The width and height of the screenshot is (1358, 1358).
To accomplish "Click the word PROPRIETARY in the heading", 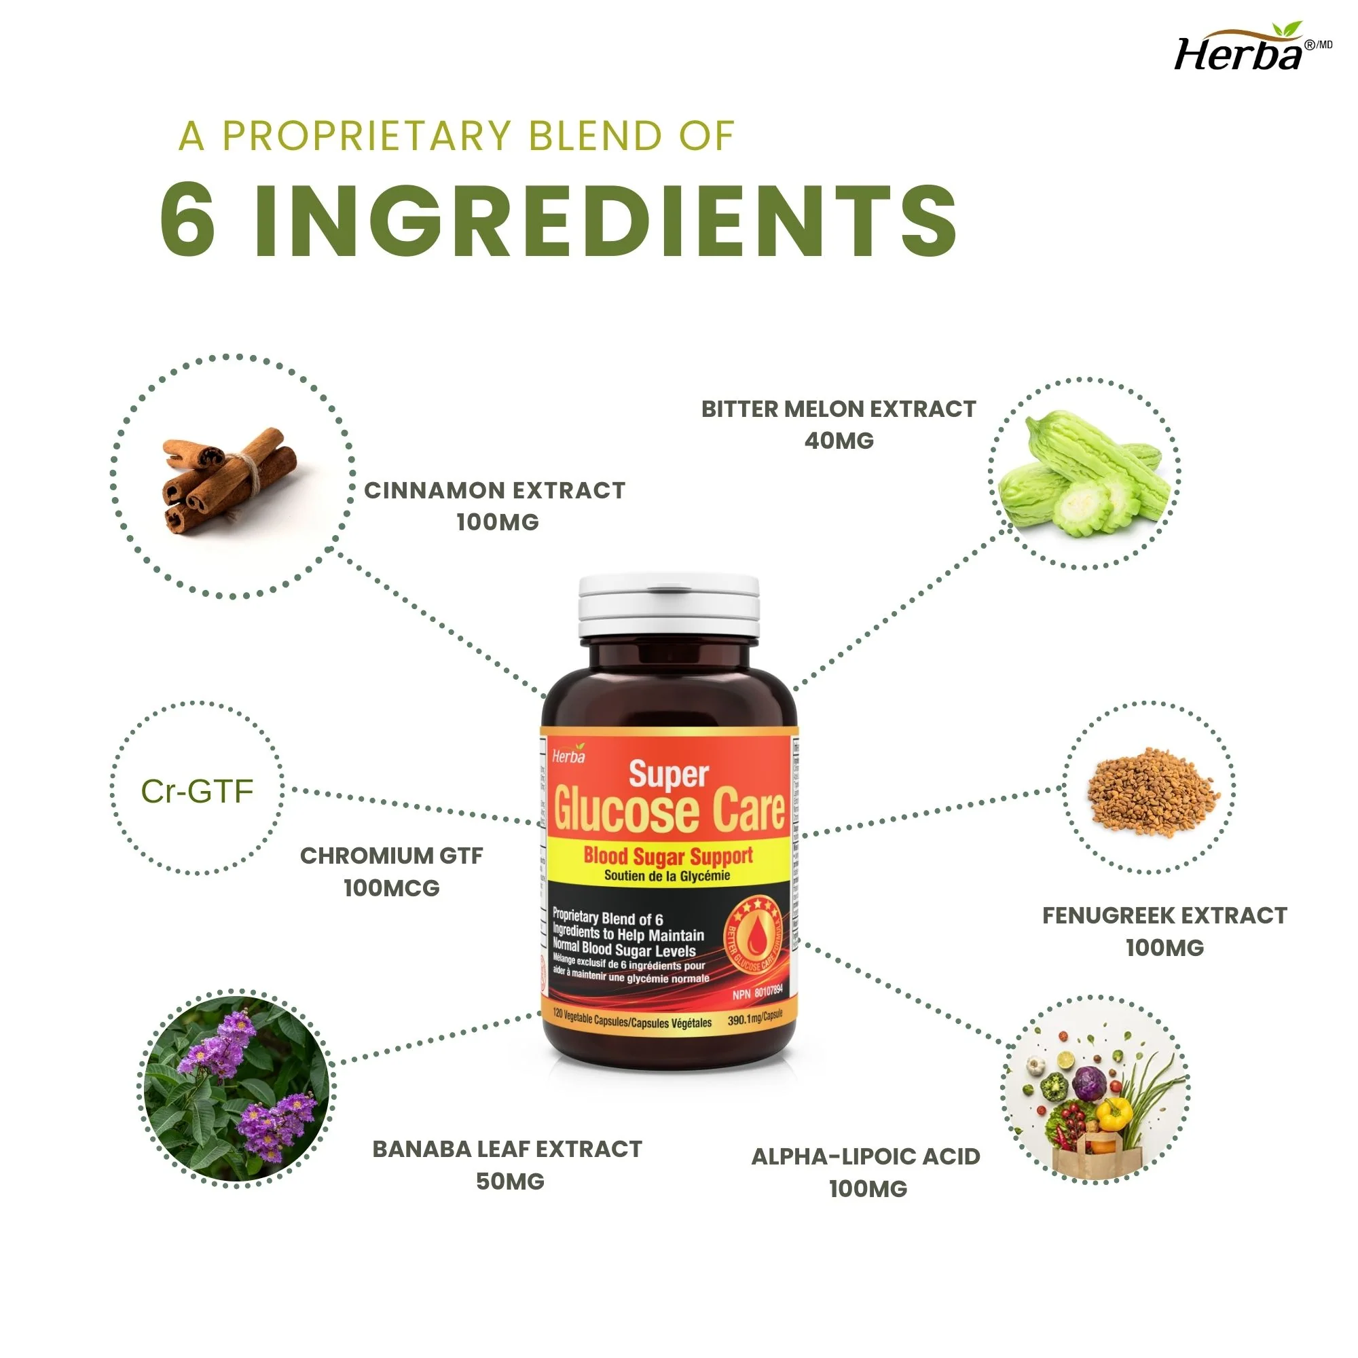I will (x=366, y=136).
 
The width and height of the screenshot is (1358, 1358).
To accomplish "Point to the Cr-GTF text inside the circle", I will (x=197, y=792).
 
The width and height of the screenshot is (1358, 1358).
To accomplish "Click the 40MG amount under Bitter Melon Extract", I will (x=839, y=441).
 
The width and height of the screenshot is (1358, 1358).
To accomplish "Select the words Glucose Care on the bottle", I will (x=668, y=811).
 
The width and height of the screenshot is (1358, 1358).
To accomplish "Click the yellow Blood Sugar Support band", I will (x=667, y=862).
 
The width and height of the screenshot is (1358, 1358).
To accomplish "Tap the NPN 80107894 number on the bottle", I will (x=757, y=993).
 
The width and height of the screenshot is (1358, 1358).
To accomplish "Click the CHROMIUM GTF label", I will (x=392, y=856).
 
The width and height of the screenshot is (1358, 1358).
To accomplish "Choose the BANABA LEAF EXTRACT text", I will (x=507, y=1150).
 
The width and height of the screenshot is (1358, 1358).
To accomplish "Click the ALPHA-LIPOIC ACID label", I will (x=865, y=1157).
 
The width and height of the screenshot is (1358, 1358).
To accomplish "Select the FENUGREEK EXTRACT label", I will (x=1164, y=916).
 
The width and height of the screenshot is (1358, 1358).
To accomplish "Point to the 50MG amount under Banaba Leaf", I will (x=511, y=1181).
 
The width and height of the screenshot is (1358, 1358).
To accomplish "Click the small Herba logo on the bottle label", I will (x=568, y=756).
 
